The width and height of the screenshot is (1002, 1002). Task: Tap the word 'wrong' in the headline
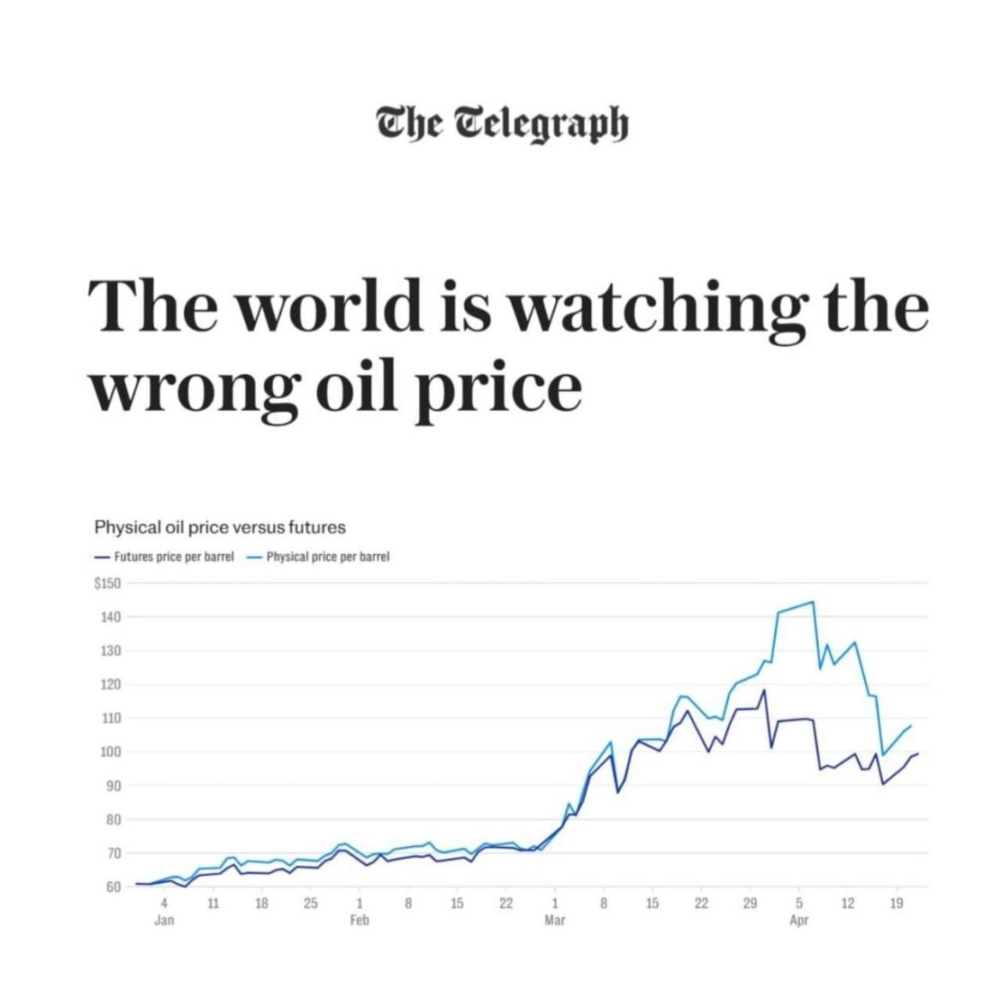196,390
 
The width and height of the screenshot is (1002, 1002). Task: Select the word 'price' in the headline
500,390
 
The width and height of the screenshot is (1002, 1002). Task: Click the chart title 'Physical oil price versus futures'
220,527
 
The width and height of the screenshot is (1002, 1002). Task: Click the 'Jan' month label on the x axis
164,921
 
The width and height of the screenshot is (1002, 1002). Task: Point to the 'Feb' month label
360,921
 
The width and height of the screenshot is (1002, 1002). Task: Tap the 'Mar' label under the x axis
555,921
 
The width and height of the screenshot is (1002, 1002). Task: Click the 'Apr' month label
799,921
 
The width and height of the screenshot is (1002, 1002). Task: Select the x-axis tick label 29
750,904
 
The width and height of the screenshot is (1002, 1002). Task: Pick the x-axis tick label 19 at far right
897,904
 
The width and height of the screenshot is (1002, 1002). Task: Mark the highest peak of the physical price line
813,602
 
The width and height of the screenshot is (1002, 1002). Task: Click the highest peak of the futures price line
763,690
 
